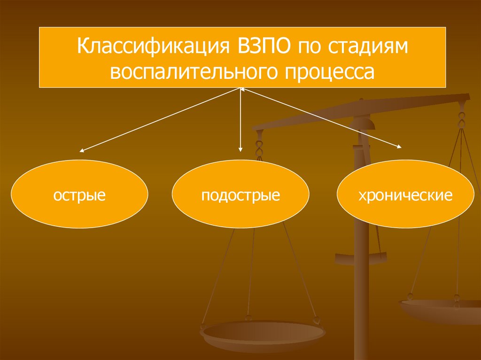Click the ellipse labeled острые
(79, 193)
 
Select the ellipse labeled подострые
(240, 193)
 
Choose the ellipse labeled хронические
(405, 193)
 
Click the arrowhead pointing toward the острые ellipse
(81, 151)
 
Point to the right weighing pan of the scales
(439, 310)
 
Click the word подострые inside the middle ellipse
(240, 194)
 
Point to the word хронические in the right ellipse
(405, 194)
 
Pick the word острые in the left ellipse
(79, 194)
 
